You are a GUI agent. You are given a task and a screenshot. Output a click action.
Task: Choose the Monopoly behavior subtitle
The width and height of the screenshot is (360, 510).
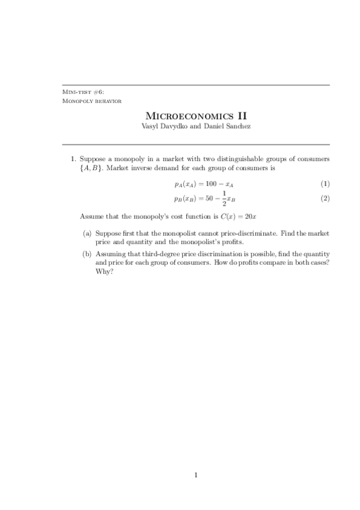click(x=92, y=100)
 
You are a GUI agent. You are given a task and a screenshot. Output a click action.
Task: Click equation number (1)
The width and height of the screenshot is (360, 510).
click(x=325, y=183)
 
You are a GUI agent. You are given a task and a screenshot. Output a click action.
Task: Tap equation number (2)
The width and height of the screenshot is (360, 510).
click(x=325, y=198)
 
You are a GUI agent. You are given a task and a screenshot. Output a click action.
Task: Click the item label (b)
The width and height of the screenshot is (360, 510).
click(x=87, y=254)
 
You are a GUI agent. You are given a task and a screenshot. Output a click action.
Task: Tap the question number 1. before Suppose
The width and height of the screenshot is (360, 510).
click(x=73, y=159)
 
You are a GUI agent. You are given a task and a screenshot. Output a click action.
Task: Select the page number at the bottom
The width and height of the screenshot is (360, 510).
click(x=196, y=476)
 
